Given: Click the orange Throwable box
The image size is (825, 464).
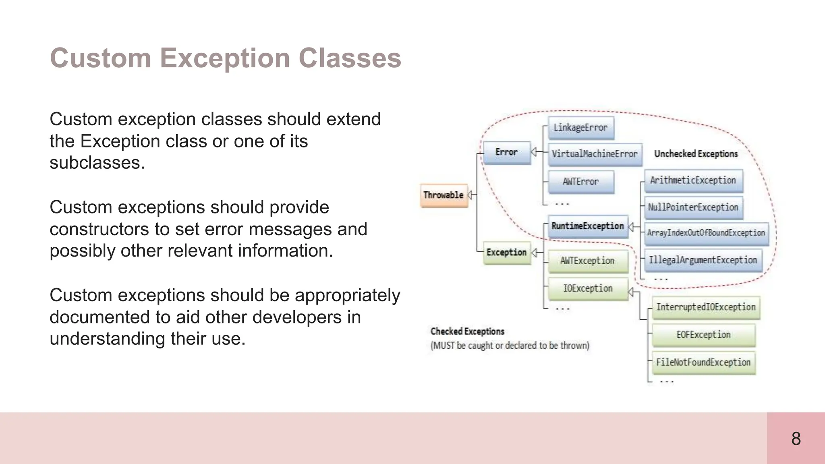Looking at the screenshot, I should click(444, 195).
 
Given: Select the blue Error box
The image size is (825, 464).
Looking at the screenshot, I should click(507, 152).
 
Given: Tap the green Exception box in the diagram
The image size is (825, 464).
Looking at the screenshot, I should click(507, 253).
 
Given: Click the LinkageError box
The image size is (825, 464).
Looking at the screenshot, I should click(580, 128).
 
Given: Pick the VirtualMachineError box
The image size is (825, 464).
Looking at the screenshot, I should click(595, 154).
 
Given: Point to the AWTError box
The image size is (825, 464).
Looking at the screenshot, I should click(580, 182).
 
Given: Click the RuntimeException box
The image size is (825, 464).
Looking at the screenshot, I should click(588, 226).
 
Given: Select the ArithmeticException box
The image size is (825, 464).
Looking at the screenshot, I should click(693, 180).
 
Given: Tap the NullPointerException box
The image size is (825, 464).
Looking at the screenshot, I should click(693, 207).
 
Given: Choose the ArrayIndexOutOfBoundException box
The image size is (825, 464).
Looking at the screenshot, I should click(706, 233).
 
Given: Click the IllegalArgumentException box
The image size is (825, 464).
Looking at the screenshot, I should click(703, 260).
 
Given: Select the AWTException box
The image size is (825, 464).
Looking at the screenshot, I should click(588, 261).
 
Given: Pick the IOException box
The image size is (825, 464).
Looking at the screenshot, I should click(588, 288).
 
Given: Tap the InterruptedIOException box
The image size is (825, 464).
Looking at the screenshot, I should click(706, 307).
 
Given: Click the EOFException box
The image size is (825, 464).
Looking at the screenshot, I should click(703, 335).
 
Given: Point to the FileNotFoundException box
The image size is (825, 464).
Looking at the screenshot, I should click(703, 362).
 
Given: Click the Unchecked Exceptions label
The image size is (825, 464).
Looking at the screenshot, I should click(696, 154).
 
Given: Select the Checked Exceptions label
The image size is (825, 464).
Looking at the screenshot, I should click(467, 331).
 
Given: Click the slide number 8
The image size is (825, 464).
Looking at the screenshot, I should click(796, 439).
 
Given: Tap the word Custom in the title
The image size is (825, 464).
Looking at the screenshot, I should click(100, 58).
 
